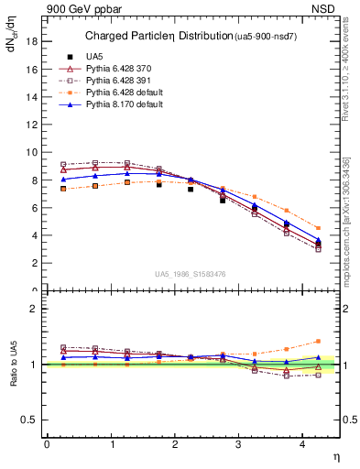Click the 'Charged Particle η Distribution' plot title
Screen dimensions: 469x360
tap(163, 36)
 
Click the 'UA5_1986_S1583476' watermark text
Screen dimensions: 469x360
tap(191, 273)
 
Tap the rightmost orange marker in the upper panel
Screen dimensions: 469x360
tap(318, 228)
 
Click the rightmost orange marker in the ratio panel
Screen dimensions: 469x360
tap(318, 341)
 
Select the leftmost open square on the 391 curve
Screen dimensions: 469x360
tap(63, 165)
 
